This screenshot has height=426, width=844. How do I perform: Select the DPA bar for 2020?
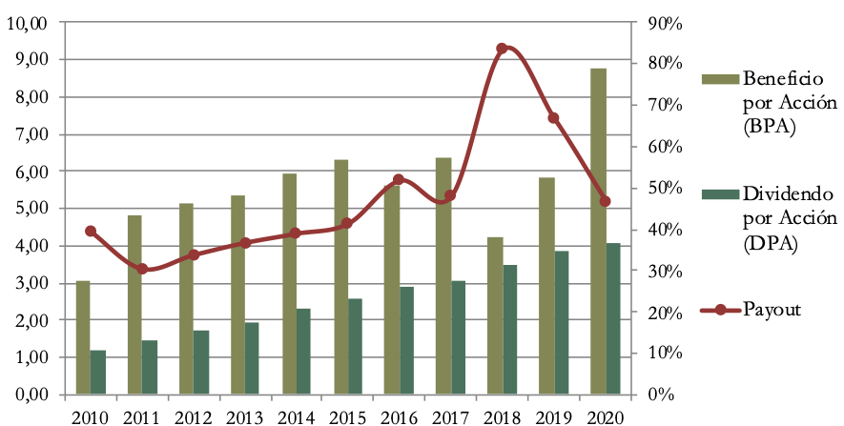tap(613, 318)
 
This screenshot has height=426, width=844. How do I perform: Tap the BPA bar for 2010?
tap(83, 337)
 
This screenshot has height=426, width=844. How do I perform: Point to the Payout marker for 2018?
tap(503, 49)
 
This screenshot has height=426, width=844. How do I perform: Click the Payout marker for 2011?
tap(142, 269)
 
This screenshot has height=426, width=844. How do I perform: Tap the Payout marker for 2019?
tap(553, 118)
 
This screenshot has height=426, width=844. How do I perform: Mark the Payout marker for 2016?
tap(399, 179)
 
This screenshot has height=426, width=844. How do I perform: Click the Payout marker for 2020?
tap(605, 201)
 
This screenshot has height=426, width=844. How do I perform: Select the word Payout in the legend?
tap(772, 310)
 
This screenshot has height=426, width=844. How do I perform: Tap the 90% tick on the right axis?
tap(662, 23)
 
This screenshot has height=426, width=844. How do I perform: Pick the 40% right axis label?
tap(662, 230)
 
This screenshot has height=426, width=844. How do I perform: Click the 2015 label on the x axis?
tap(347, 416)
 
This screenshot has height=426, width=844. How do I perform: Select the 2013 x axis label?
tap(244, 416)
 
